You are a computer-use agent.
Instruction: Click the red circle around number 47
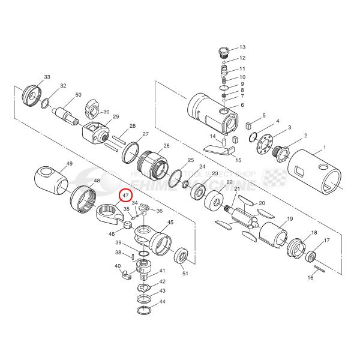point(126,196)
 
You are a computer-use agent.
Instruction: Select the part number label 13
point(242,47)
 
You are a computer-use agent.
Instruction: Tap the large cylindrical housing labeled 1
point(318,175)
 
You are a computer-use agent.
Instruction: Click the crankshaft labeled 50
point(65,113)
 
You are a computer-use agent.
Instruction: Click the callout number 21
point(236,190)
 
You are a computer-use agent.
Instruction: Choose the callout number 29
point(116,116)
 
